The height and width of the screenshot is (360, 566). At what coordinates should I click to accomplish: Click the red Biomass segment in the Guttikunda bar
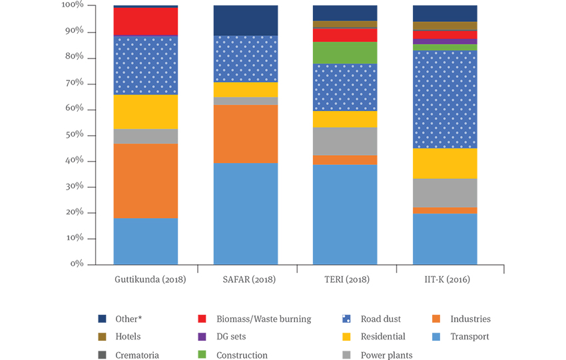click(x=145, y=21)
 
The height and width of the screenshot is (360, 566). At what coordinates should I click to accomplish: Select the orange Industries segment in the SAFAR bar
click(x=246, y=134)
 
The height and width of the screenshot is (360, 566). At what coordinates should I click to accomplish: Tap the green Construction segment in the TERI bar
click(x=345, y=53)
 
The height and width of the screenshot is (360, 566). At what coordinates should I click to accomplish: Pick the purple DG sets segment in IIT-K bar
click(x=445, y=41)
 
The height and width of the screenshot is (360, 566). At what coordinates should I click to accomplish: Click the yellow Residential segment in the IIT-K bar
click(x=445, y=164)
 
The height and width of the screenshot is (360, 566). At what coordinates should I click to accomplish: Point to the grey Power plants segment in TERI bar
click(x=345, y=141)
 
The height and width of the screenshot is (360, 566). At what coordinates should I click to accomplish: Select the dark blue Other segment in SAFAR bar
click(x=246, y=21)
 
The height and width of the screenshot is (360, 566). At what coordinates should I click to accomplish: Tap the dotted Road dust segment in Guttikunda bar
click(x=145, y=65)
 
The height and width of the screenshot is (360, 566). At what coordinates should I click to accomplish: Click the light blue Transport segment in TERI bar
click(x=345, y=215)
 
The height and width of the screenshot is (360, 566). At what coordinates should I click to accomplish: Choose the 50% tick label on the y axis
click(x=75, y=134)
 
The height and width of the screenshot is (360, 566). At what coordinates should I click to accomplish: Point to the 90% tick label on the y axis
click(x=75, y=31)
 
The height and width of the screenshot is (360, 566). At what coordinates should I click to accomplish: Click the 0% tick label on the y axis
click(x=77, y=264)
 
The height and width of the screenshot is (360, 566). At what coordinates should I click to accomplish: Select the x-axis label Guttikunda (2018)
click(x=150, y=279)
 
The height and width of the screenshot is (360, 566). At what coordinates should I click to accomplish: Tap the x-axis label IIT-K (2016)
click(x=447, y=279)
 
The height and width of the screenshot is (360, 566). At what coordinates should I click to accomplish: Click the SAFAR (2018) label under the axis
click(x=249, y=279)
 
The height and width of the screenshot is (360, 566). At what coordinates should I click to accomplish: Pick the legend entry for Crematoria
click(x=129, y=355)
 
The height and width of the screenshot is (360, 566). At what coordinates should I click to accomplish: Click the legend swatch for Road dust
click(x=346, y=319)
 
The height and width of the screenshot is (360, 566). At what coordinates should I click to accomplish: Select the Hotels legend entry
click(x=119, y=337)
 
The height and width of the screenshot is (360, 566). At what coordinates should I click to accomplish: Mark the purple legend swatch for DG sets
click(x=202, y=337)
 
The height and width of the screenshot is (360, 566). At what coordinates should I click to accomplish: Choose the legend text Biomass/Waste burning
click(x=264, y=319)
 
